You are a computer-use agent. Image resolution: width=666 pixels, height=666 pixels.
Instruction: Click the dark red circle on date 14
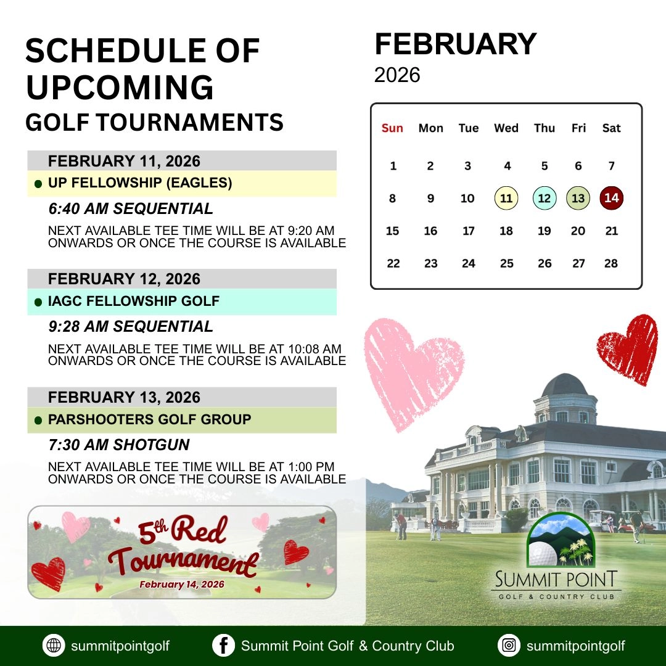click(611, 199)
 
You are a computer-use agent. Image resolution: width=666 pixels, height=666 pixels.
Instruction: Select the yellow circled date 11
click(506, 199)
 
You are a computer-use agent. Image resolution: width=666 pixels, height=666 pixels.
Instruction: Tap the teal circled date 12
click(545, 199)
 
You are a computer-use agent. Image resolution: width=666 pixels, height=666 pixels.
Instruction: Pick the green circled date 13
click(578, 199)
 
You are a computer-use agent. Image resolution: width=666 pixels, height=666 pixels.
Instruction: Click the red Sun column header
click(392, 128)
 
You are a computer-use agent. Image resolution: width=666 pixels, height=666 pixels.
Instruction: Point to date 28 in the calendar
click(611, 263)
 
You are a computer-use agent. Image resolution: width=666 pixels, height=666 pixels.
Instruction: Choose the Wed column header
click(506, 128)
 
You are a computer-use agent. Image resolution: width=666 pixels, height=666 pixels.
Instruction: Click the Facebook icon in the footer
click(223, 646)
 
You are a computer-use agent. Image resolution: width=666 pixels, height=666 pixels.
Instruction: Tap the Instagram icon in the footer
click(509, 646)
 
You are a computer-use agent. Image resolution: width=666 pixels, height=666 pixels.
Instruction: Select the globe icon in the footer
click(54, 646)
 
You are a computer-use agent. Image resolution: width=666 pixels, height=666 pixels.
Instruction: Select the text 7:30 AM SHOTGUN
click(119, 445)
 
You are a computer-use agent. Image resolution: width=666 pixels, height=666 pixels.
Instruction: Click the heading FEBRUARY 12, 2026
click(124, 279)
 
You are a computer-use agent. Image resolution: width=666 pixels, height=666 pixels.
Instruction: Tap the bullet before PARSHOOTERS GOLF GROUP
click(38, 421)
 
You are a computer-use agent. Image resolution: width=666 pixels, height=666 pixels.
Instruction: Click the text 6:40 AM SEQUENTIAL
click(131, 208)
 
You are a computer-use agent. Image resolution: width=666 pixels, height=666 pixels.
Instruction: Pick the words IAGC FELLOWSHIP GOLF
click(134, 302)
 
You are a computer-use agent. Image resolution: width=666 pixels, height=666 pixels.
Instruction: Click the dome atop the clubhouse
click(564, 385)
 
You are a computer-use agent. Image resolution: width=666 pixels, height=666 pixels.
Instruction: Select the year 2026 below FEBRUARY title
click(397, 75)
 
